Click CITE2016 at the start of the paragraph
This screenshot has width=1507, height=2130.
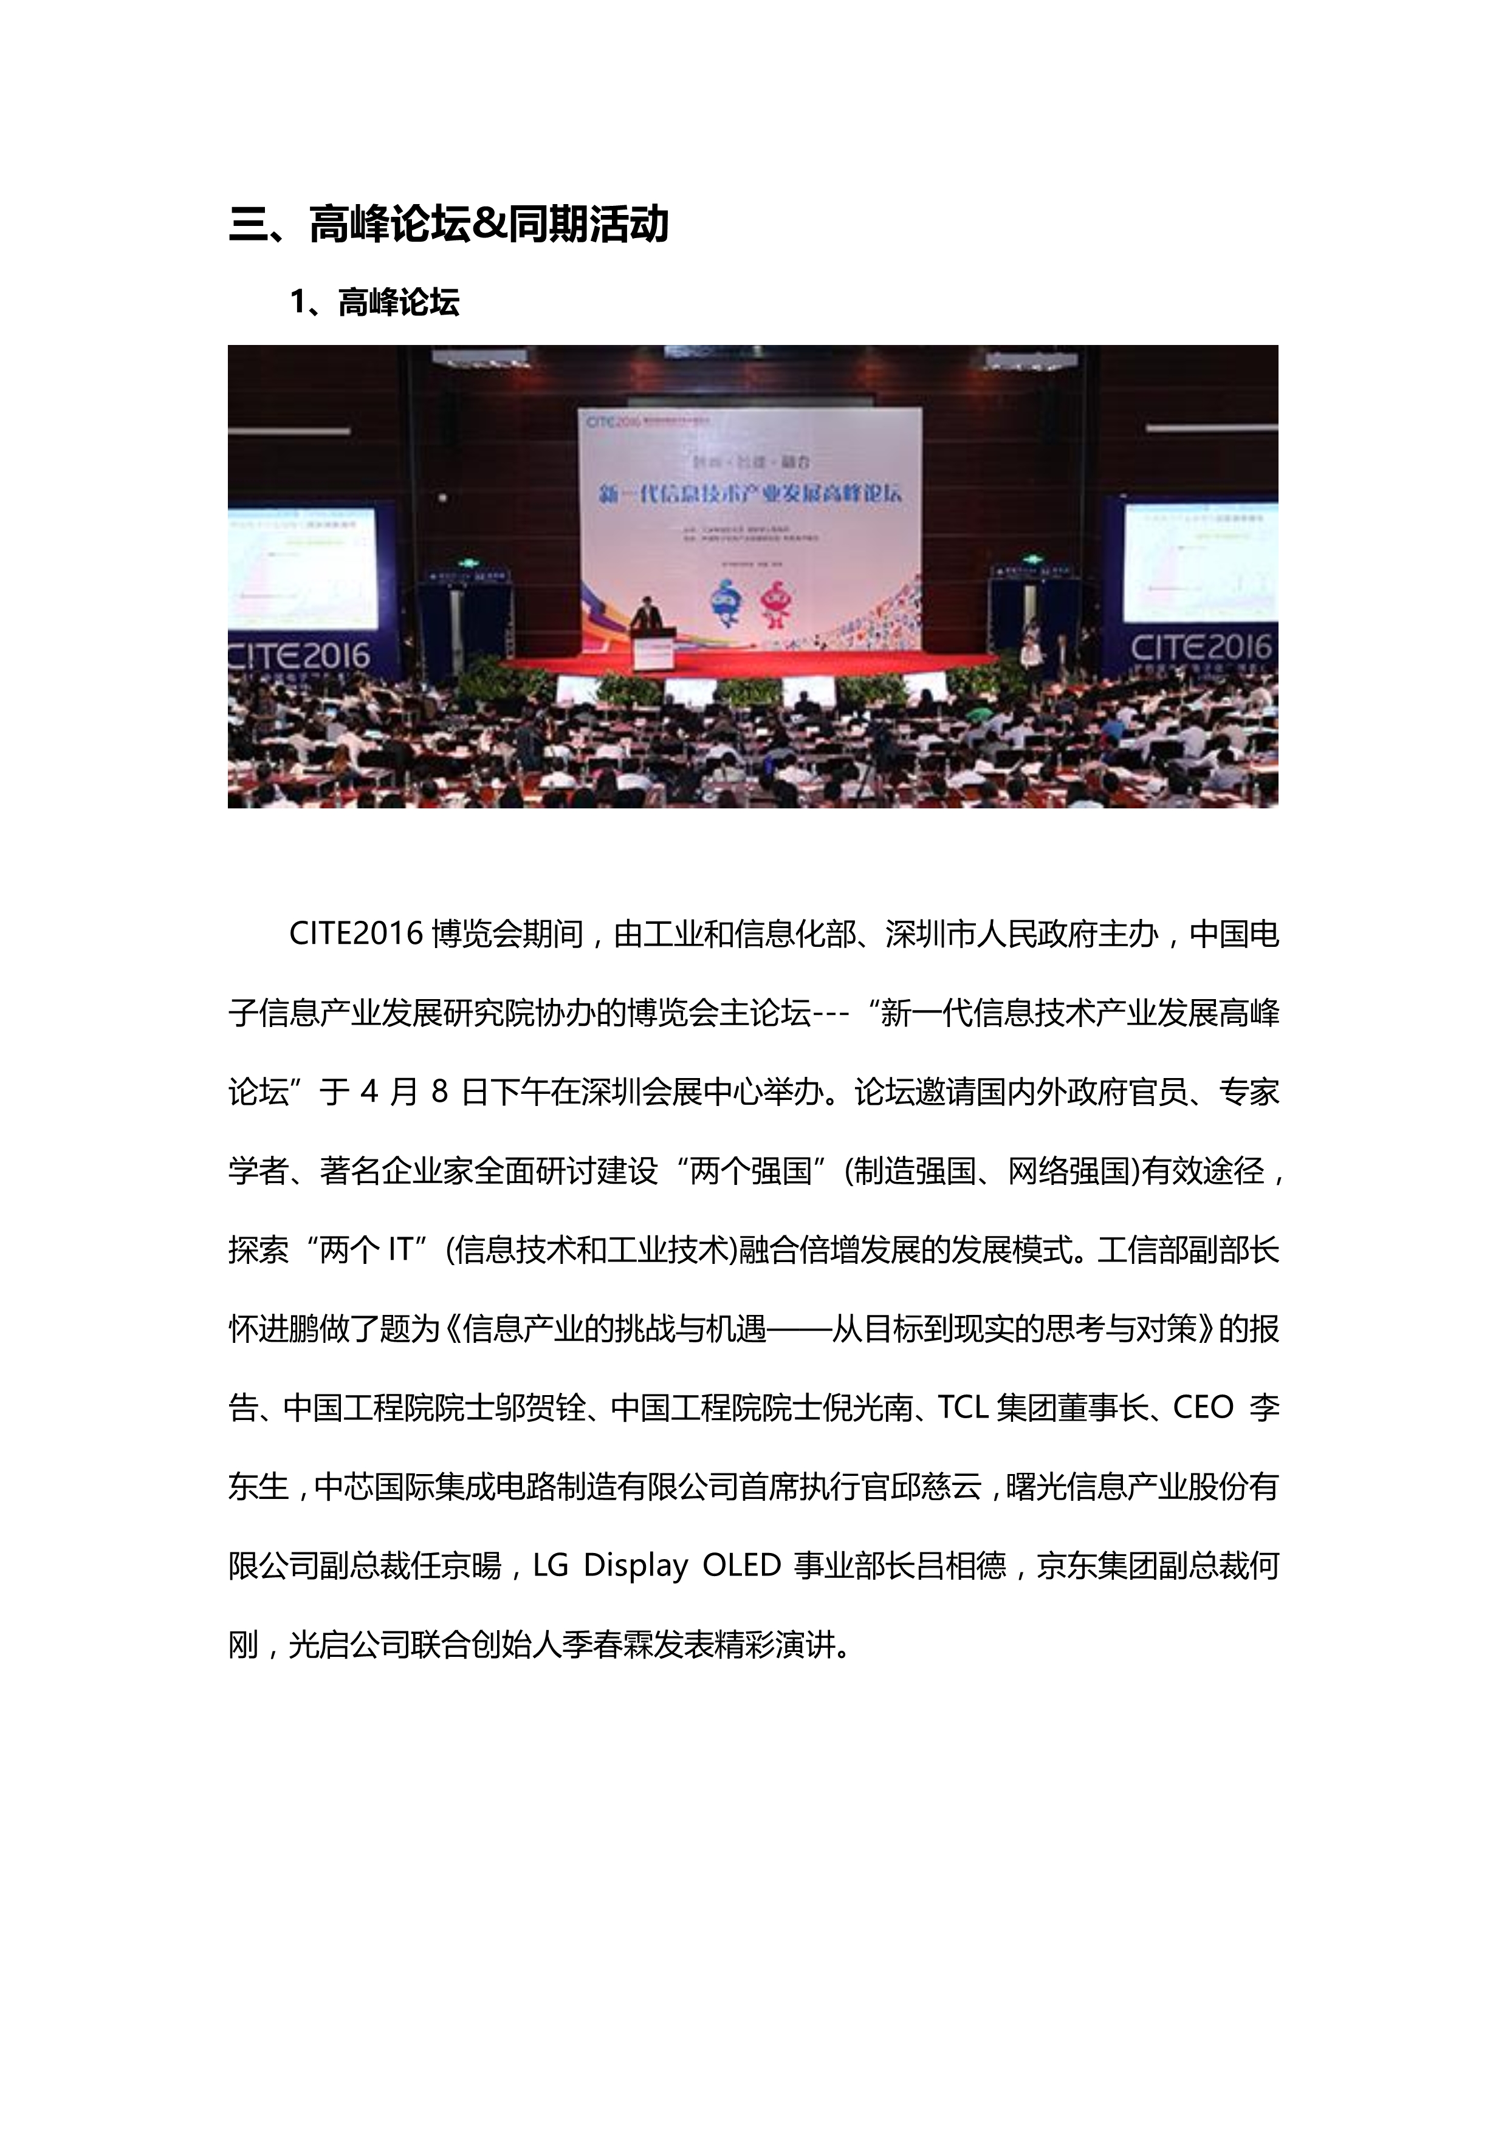356,934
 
